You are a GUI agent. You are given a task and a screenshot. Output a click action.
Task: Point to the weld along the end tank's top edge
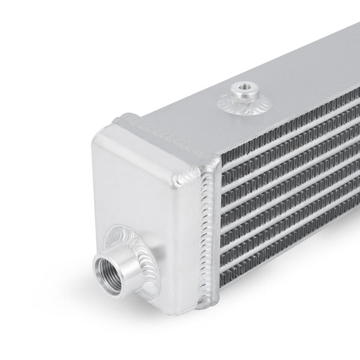[x=154, y=123]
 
